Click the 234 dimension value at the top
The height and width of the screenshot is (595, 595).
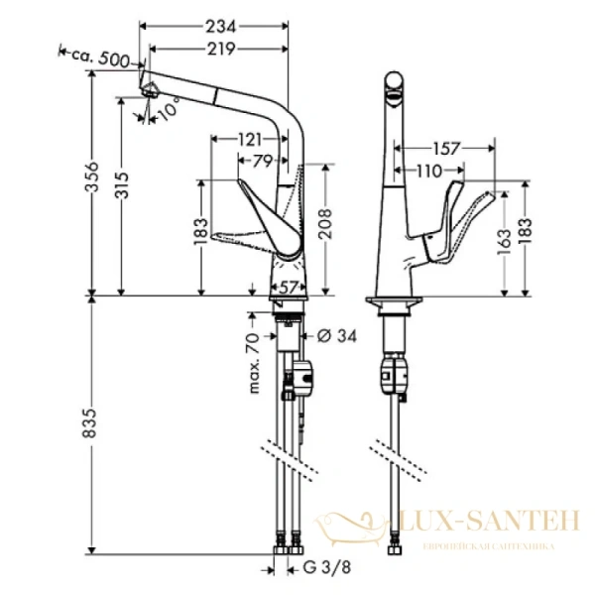[x=221, y=27]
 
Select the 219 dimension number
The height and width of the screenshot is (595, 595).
[x=221, y=49]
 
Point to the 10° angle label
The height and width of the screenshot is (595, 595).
[x=168, y=108]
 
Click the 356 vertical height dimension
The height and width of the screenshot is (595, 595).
[x=91, y=178]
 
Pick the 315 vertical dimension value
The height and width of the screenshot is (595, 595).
[x=122, y=185]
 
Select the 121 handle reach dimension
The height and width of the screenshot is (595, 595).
[x=250, y=140]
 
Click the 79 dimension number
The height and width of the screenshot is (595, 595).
[x=263, y=162]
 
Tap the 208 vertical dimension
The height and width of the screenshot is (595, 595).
[x=325, y=224]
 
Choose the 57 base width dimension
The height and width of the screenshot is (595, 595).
[x=289, y=288]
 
